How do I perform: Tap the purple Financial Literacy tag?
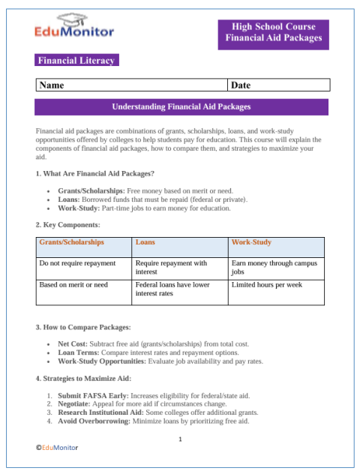click(76, 60)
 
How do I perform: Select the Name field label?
click(52, 85)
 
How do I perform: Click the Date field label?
click(241, 85)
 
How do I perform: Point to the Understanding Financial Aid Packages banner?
click(181, 106)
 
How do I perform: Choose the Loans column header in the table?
click(145, 243)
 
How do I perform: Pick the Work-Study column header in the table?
click(251, 243)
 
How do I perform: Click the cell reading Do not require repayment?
click(78, 263)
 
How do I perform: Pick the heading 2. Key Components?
click(67, 224)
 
